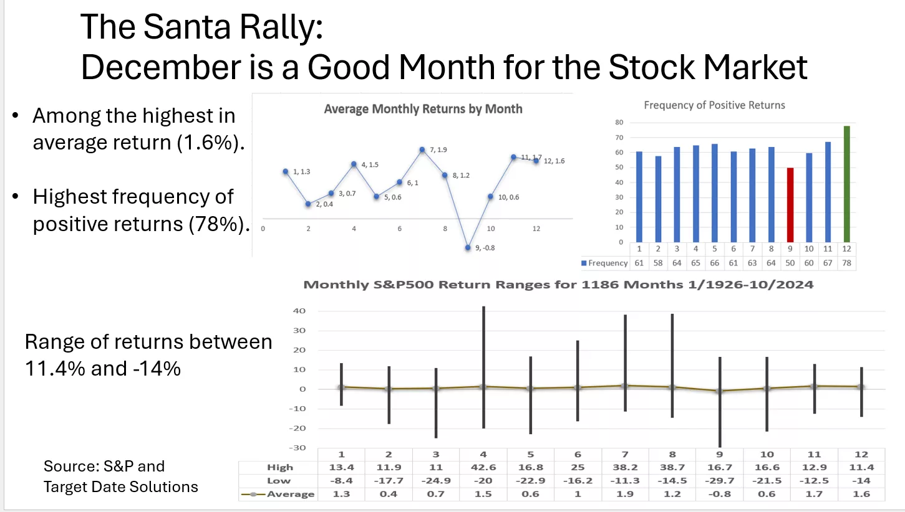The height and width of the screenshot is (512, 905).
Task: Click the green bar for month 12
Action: point(846,184)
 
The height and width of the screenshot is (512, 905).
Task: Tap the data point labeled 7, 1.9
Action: point(422,149)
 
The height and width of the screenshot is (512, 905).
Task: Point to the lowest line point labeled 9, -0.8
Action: point(468,247)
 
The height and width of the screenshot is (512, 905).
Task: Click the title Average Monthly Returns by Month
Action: point(423,109)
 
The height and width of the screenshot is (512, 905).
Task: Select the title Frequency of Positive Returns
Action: point(714,105)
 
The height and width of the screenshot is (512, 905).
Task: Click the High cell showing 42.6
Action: point(483,467)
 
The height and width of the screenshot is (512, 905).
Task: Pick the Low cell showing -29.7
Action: point(720,481)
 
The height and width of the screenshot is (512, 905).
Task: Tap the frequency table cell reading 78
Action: point(846,263)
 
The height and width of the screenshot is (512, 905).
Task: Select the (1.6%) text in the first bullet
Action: point(206,143)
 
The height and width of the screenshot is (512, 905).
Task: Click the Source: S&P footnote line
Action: point(104,466)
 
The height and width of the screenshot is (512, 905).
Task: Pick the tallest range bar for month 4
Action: point(483,367)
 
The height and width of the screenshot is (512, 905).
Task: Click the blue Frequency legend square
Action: point(584,263)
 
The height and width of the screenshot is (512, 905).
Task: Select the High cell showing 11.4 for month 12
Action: point(861,467)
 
